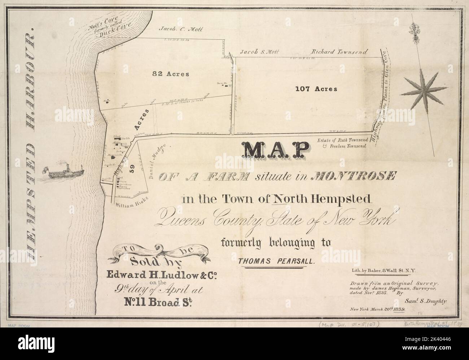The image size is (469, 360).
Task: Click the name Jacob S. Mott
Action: [260, 52]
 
